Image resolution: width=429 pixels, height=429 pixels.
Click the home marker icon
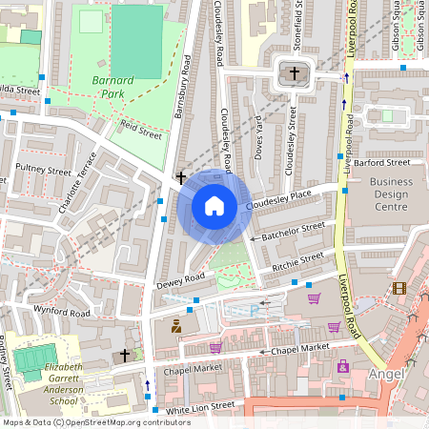pos(214,206)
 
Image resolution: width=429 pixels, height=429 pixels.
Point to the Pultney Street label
pos(45,173)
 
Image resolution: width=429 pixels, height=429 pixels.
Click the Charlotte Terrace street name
pos(78,183)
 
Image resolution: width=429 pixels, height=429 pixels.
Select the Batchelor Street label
pos(294,230)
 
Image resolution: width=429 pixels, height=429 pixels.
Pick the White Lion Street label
pos(200,407)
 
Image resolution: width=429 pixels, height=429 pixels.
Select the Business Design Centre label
pos(392,194)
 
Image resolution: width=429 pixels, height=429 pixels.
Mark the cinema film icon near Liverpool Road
pos(398,288)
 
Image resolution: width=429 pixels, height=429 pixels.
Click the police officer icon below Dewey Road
pos(176,327)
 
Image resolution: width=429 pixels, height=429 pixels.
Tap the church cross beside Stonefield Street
pos(295,73)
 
